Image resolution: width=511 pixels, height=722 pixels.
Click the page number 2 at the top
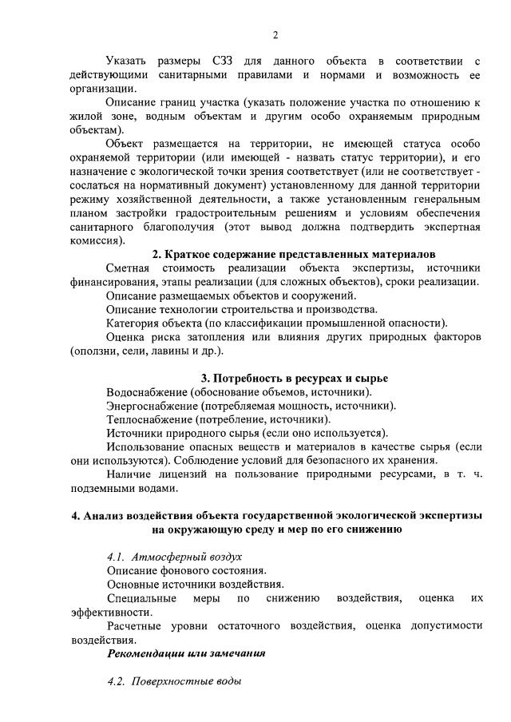click(275, 35)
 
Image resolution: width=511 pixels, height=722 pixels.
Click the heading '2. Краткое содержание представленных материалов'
click(299, 254)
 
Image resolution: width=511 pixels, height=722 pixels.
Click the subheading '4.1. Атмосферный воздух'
click(174, 556)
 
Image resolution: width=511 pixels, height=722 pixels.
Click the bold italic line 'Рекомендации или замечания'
click(186, 653)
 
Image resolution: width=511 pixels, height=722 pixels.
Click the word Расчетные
click(135, 625)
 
